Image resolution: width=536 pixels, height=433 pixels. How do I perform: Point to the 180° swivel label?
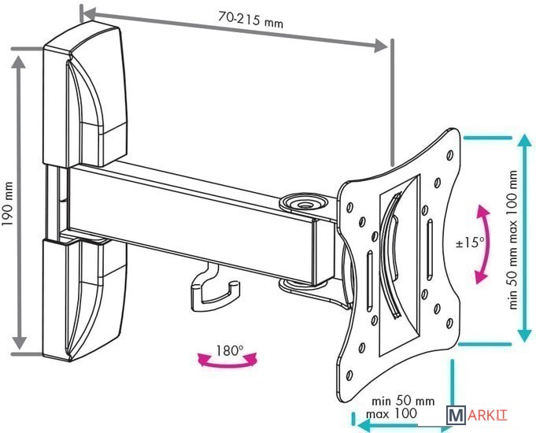pyautogui.click(x=228, y=350)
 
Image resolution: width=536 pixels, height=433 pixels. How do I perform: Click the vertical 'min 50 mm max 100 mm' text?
pyautogui.click(x=513, y=241)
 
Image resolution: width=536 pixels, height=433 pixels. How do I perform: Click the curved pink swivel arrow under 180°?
pyautogui.click(x=227, y=361)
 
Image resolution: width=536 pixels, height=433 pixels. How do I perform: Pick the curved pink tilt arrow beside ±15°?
pyautogui.click(x=484, y=244)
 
